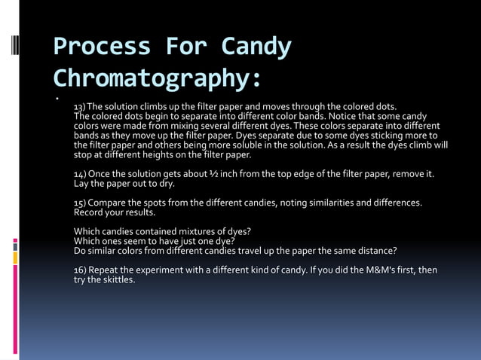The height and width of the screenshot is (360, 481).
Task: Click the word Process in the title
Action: [x=102, y=47]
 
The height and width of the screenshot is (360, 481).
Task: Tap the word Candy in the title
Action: [x=256, y=47]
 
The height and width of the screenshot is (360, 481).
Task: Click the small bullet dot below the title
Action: [x=57, y=98]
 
